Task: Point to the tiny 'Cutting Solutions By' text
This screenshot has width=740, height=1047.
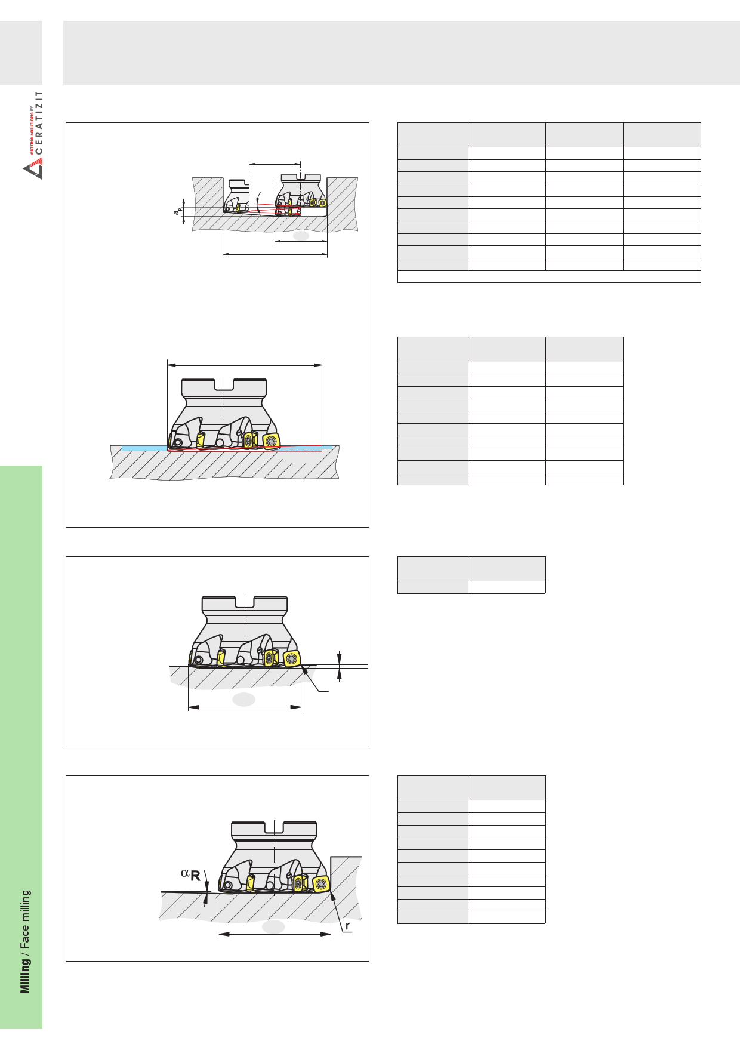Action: point(32,130)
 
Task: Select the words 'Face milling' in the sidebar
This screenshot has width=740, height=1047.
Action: point(25,919)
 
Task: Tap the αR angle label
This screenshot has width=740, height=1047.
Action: point(190,875)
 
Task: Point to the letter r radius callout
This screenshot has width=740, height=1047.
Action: point(347,926)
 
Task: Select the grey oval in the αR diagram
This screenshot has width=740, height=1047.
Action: point(273,926)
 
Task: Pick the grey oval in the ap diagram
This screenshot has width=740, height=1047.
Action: point(301,236)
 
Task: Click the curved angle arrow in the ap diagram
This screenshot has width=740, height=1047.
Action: point(258,202)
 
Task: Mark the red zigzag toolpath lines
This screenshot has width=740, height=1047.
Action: point(245,448)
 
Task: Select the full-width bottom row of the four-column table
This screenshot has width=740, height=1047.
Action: point(549,276)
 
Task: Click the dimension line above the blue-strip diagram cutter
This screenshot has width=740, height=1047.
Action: point(245,365)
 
